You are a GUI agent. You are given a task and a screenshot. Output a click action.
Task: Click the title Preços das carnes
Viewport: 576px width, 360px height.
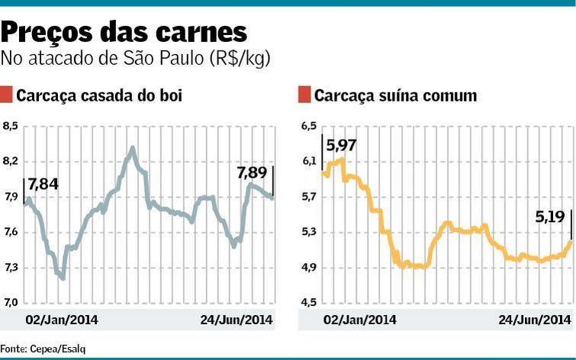124,32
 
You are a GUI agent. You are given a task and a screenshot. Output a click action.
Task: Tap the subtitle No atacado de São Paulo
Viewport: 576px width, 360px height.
137,58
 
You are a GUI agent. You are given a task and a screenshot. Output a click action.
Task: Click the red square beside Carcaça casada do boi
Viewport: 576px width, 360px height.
7,95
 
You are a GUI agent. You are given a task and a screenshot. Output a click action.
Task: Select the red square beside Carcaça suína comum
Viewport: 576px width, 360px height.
304,95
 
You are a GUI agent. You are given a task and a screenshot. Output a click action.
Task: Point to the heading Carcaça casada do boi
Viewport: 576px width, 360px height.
99,95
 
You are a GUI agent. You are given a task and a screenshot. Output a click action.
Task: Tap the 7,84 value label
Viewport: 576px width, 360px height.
43,184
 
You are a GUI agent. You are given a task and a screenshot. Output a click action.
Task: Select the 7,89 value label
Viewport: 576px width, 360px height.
252,173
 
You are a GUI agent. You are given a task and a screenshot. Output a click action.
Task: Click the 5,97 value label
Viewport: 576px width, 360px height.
341,146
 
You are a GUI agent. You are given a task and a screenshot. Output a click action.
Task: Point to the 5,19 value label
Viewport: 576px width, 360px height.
550,217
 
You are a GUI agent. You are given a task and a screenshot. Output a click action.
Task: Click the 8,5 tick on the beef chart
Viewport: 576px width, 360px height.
10,126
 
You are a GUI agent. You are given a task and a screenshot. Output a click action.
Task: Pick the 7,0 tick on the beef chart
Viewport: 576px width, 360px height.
10,303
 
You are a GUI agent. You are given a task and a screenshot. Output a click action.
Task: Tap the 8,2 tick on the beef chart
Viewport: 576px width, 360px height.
10,162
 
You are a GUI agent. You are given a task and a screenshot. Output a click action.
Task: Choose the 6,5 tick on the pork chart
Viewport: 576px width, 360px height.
308,126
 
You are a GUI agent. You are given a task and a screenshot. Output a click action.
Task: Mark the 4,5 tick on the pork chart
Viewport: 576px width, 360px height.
308,303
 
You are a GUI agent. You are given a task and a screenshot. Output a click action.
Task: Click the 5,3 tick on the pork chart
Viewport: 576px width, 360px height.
308,232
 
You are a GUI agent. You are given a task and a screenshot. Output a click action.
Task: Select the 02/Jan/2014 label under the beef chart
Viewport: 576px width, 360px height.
62,319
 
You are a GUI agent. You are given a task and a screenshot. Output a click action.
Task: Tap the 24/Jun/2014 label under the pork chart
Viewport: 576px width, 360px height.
535,319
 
